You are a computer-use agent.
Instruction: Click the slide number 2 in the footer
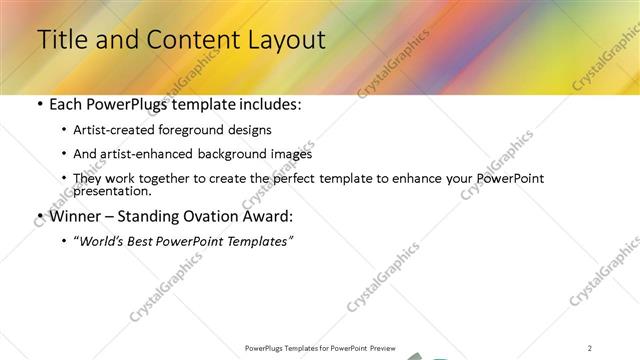click(590, 348)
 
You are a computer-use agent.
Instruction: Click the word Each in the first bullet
click(66, 104)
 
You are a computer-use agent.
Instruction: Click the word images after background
click(289, 154)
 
